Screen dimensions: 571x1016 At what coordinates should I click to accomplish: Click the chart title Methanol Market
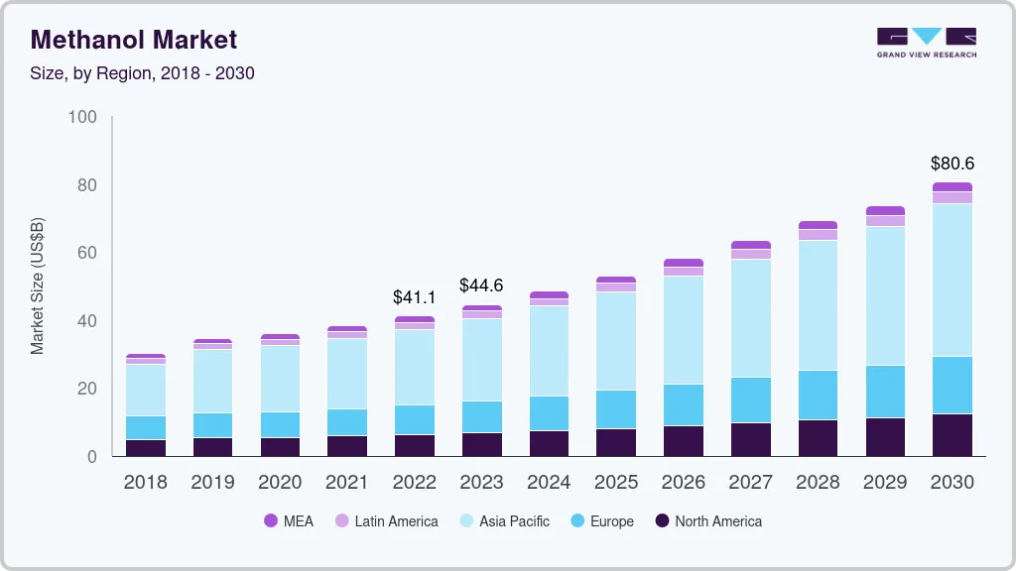click(134, 40)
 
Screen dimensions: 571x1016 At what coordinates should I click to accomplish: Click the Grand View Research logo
click(926, 43)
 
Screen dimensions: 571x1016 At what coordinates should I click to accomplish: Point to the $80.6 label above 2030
click(952, 164)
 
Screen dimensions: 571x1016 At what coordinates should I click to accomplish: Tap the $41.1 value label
click(414, 297)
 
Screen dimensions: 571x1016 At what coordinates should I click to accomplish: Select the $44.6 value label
click(481, 285)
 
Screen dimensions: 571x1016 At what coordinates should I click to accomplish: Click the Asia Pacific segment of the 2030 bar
click(952, 280)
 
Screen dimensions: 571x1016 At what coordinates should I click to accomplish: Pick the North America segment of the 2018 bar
click(146, 448)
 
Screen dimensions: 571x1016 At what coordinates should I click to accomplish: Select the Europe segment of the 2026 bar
click(683, 404)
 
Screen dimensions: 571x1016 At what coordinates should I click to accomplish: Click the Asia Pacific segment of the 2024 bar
click(549, 351)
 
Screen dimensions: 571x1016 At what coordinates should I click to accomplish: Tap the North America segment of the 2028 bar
click(818, 437)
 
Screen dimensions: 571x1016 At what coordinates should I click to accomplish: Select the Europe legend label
click(611, 521)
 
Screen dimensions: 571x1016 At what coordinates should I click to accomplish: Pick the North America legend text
click(718, 521)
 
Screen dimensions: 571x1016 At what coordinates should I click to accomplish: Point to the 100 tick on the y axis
click(83, 118)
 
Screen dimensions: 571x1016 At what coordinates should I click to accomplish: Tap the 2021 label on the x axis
click(346, 483)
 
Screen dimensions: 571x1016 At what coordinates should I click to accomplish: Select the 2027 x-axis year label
click(750, 483)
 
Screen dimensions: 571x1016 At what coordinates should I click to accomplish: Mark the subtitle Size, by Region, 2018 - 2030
click(143, 73)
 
